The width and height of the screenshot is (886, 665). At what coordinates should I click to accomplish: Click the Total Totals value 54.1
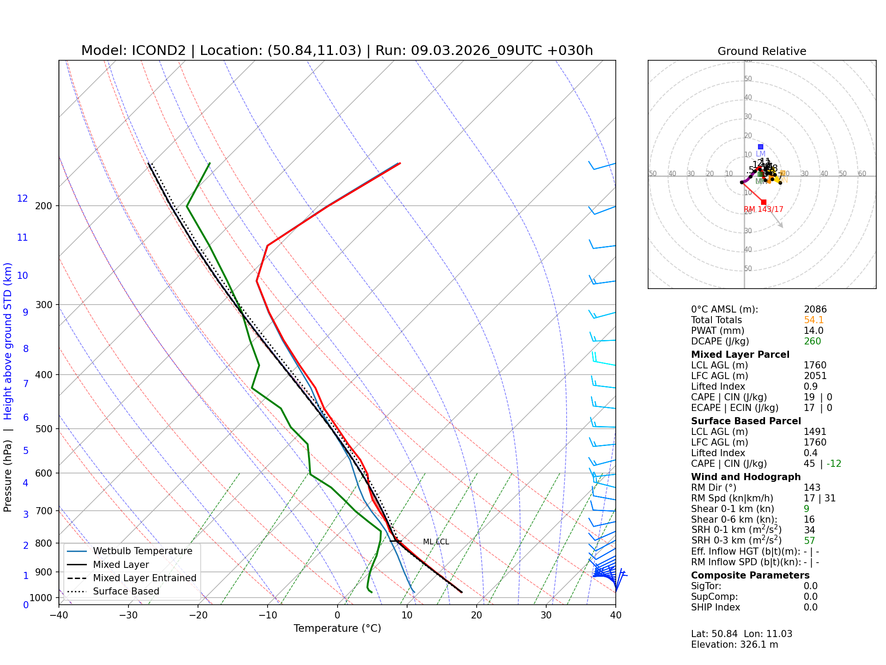[813, 320]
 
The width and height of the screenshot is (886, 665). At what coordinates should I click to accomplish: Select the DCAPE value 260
[812, 341]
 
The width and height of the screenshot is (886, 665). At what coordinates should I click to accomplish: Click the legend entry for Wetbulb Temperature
[142, 551]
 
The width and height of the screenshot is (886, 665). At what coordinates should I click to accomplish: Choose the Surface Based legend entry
[126, 591]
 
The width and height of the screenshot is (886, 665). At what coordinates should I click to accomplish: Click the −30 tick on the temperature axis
[128, 615]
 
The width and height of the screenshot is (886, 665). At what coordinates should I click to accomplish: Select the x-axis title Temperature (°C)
[337, 628]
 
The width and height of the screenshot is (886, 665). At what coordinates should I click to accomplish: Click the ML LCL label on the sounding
[436, 542]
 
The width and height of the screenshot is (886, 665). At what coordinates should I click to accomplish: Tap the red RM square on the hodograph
[763, 202]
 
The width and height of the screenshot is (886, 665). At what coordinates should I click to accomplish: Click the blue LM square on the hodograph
[761, 147]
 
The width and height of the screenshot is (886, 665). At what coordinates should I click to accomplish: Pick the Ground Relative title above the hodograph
[762, 51]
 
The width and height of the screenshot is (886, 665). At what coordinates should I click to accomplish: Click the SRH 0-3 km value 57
[809, 541]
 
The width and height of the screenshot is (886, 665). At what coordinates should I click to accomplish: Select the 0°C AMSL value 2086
[815, 309]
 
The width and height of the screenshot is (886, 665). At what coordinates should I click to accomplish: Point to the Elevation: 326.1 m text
[734, 645]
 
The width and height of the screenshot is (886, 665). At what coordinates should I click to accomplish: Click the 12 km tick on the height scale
[23, 199]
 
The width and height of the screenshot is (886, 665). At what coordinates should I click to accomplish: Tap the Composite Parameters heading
[750, 575]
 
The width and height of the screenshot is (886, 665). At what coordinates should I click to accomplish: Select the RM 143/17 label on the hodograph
[763, 209]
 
